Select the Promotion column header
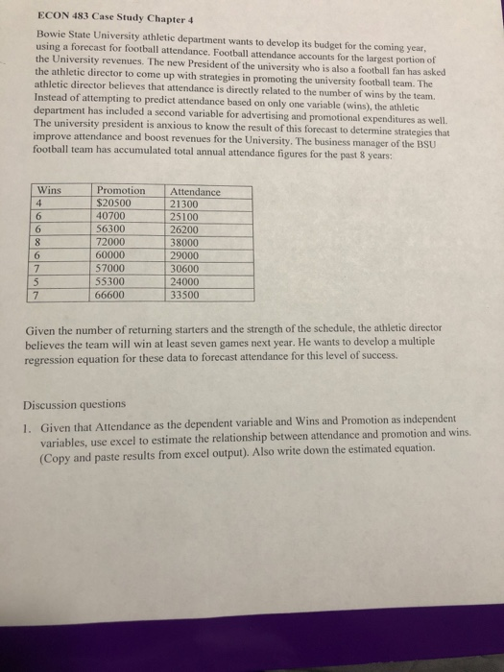123,192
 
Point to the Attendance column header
195,193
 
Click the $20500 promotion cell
117,204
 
